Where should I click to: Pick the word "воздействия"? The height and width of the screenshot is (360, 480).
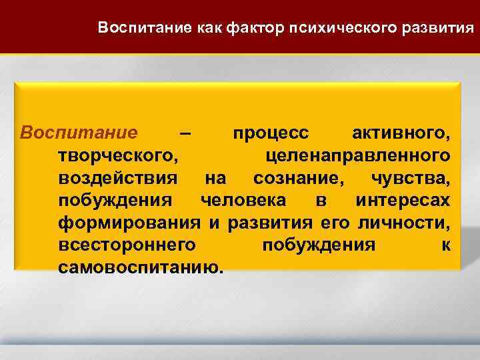pyautogui.click(x=119, y=178)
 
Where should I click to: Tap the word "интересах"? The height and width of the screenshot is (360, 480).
pyautogui.click(x=403, y=200)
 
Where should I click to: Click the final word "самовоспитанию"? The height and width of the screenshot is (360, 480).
pyautogui.click(x=141, y=267)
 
